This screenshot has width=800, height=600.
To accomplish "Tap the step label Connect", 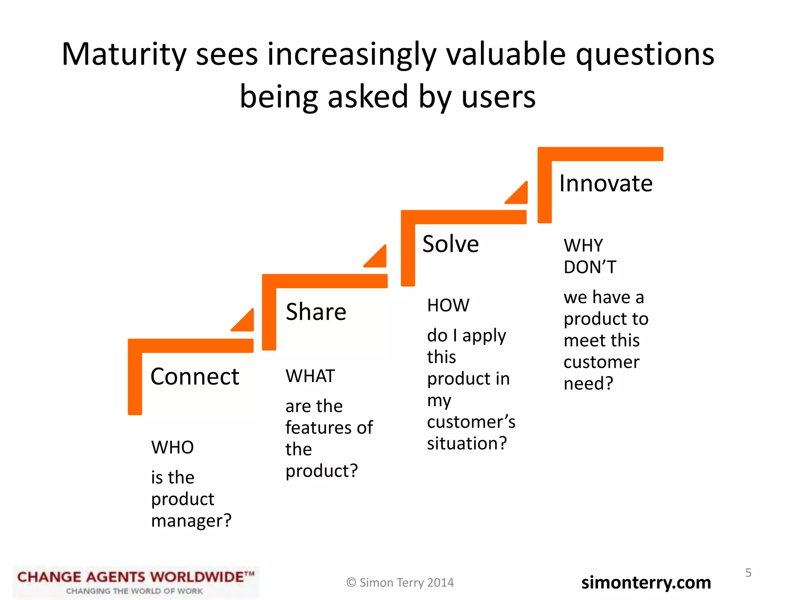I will pyautogui.click(x=195, y=377).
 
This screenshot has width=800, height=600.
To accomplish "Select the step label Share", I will pyautogui.click(x=316, y=312).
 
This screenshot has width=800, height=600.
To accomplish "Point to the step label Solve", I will pyautogui.click(x=450, y=244).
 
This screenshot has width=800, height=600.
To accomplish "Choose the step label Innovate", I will pyautogui.click(x=605, y=183).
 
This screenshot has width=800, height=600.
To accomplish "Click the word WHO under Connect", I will pyautogui.click(x=172, y=447).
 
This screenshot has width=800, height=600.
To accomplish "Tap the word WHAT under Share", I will pyautogui.click(x=310, y=376).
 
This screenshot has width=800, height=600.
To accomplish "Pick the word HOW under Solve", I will pyautogui.click(x=448, y=305).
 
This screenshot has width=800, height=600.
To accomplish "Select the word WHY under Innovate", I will pyautogui.click(x=583, y=246).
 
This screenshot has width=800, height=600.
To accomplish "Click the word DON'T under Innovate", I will pyautogui.click(x=590, y=267).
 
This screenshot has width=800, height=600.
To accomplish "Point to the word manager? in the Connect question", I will pyautogui.click(x=191, y=521).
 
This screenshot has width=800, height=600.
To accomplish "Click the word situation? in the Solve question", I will pyautogui.click(x=467, y=443).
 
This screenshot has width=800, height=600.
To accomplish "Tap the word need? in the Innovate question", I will pyautogui.click(x=588, y=384).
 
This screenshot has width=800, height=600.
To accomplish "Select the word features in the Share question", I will pyautogui.click(x=314, y=428).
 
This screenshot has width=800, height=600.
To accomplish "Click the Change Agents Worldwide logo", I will pyautogui.click(x=136, y=582).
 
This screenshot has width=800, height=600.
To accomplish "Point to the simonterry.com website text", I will pyautogui.click(x=646, y=582).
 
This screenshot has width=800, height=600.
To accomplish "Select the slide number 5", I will pyautogui.click(x=748, y=573).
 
